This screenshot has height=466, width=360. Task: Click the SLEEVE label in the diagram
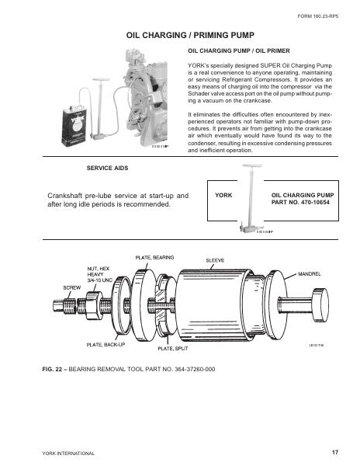pos(215,260)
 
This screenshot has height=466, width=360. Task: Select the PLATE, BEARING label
pos(154,256)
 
